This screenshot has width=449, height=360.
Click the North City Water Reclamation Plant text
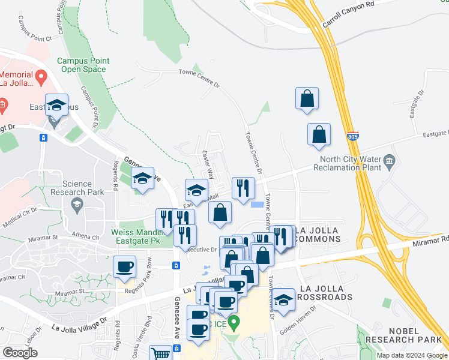[x=351, y=164]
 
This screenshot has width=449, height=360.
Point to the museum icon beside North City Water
[x=390, y=160]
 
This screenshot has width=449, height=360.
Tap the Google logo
[x=20, y=352]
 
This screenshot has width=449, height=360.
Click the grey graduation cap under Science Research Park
[x=77, y=206]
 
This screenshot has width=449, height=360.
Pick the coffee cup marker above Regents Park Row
[x=125, y=266]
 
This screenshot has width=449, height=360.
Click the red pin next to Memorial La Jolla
[x=41, y=76]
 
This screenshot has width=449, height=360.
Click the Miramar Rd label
[x=436, y=239]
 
